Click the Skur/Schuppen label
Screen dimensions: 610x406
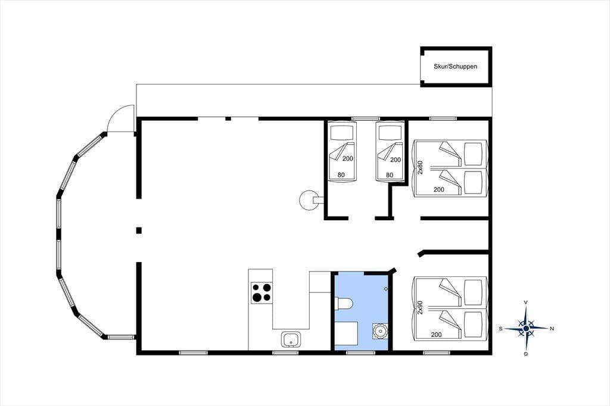pos(455,67)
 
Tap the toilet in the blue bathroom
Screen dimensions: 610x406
pos(344,304)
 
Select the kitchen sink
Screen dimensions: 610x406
pos(291,339)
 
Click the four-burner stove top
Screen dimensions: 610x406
pos(262,293)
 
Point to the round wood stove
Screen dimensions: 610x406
pos(309,200)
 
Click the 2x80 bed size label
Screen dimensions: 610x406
pos(420,167)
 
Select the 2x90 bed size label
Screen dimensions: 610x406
pos(420,307)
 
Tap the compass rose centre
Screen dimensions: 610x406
pos(526,329)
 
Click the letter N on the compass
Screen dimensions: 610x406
pos(552,329)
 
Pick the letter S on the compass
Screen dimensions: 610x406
pos(500,329)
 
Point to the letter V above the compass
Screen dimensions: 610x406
pos(526,302)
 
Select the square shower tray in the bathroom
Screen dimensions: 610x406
pos(346,336)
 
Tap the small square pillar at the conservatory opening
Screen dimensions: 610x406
pos(139,230)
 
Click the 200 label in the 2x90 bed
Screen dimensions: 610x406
pos(437,335)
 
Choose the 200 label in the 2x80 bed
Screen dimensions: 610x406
pos(439,190)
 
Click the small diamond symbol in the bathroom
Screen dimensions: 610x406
pos(386,289)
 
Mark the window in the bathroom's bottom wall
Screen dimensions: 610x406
pos(360,353)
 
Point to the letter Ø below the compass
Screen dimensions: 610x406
pos(526,354)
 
